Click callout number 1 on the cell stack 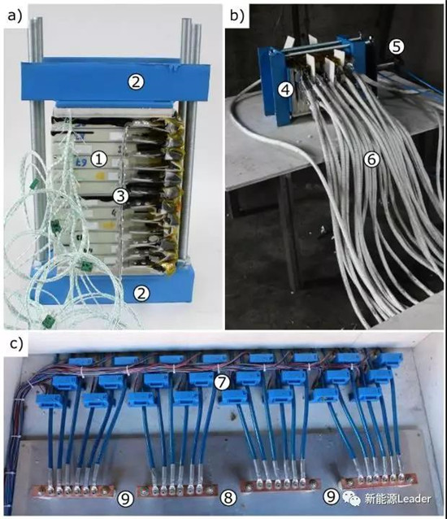(x=99, y=159)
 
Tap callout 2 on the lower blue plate (x=141, y=293)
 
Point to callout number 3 (x=120, y=196)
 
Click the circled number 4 (x=285, y=89)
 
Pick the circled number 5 (x=396, y=47)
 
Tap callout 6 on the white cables (x=372, y=160)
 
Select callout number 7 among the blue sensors (x=222, y=382)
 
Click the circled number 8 (x=228, y=498)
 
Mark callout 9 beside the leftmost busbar (x=125, y=498)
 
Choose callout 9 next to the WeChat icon (x=331, y=495)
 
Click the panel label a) (x=15, y=15)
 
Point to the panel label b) (x=237, y=15)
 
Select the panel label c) (x=16, y=344)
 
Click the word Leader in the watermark (x=414, y=498)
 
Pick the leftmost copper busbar (x=74, y=491)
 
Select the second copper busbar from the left (x=177, y=490)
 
